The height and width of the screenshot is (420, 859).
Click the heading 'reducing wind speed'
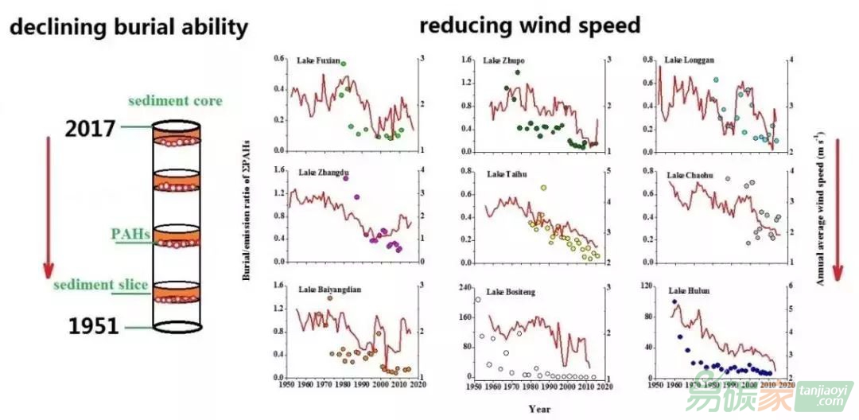click(530, 25)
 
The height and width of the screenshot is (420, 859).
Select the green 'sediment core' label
click(175, 101)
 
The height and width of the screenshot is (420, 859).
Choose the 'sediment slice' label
click(101, 285)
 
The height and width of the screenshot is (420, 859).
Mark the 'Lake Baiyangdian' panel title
click(329, 290)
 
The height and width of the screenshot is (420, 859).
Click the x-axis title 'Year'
click(538, 409)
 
